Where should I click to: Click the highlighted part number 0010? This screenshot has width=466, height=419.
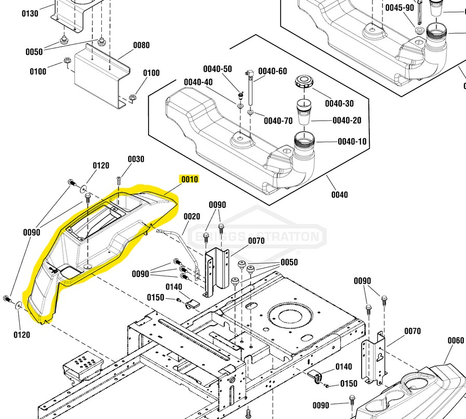click(x=190, y=179)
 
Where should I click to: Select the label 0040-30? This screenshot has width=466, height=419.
click(x=339, y=103)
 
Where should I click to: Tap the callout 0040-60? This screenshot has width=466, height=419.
click(x=272, y=71)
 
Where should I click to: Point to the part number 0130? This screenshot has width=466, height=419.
click(x=30, y=13)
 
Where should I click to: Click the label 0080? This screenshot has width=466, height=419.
click(x=141, y=45)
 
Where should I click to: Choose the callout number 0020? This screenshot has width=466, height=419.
click(x=192, y=216)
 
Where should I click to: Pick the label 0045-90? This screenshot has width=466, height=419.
click(x=400, y=8)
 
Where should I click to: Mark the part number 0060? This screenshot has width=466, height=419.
click(x=456, y=340)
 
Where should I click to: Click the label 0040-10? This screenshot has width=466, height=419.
click(x=353, y=141)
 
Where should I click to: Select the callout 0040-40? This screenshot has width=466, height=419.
click(x=198, y=82)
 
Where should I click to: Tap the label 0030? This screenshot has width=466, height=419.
click(x=136, y=159)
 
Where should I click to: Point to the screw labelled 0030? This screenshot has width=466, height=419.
click(x=119, y=180)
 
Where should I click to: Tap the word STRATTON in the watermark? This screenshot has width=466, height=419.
click(x=294, y=237)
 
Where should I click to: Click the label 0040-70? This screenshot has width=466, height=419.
click(x=278, y=121)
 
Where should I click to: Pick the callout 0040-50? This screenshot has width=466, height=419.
click(x=217, y=68)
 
